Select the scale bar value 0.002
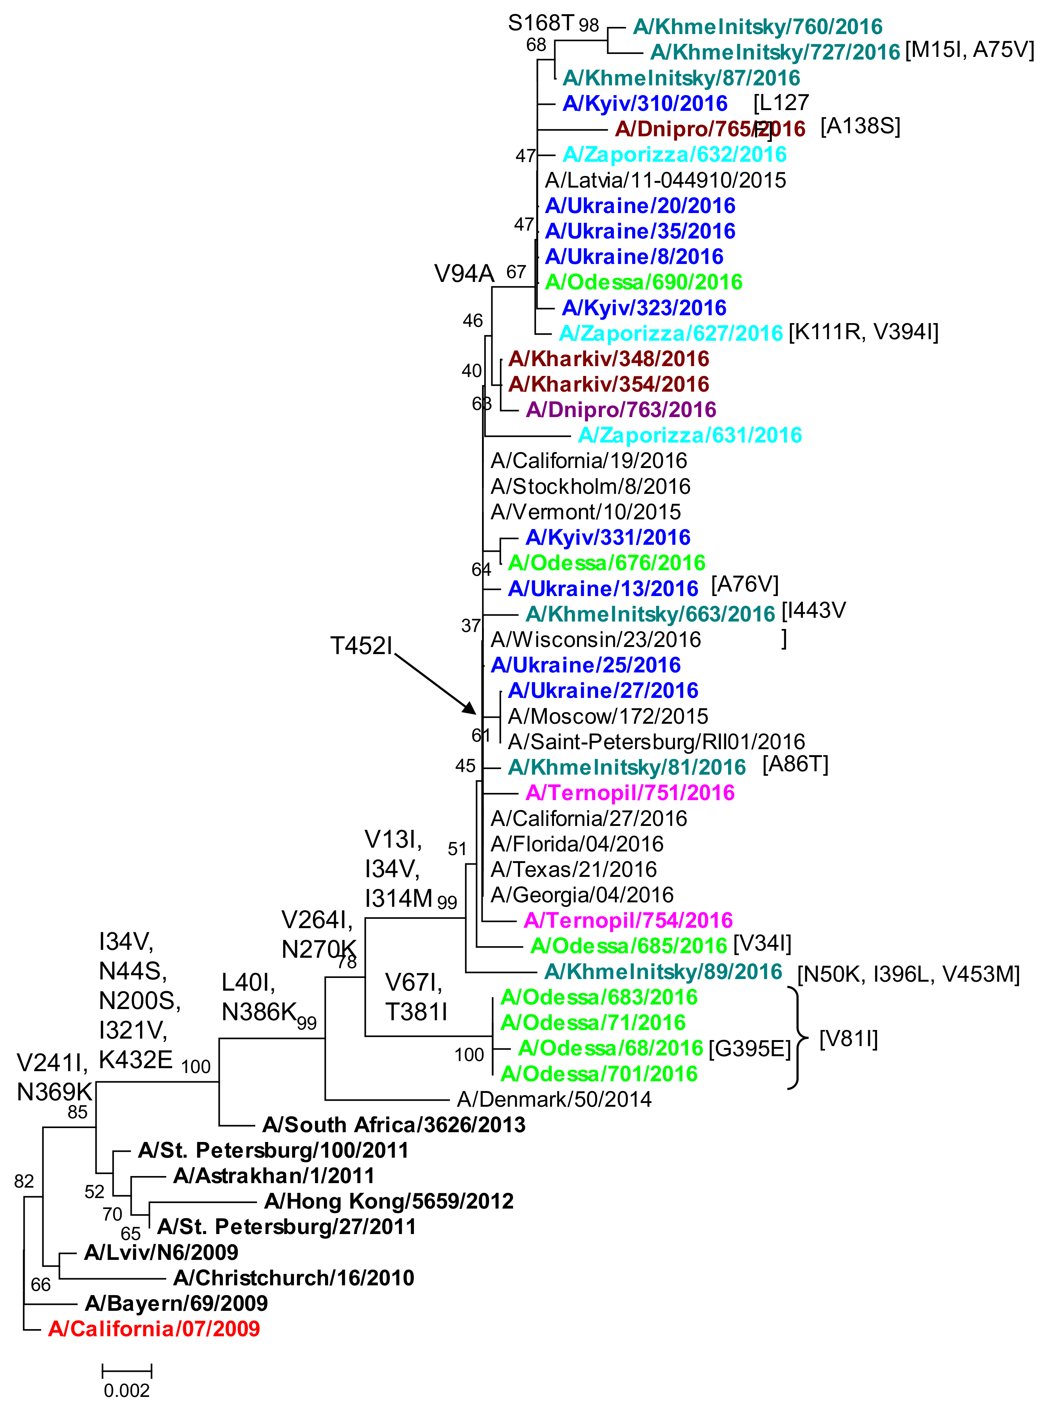point(127,1391)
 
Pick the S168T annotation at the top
point(541,23)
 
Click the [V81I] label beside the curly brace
point(849,1039)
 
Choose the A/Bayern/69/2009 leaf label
point(176,1304)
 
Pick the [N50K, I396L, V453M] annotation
point(908,974)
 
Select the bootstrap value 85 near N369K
point(77,1112)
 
